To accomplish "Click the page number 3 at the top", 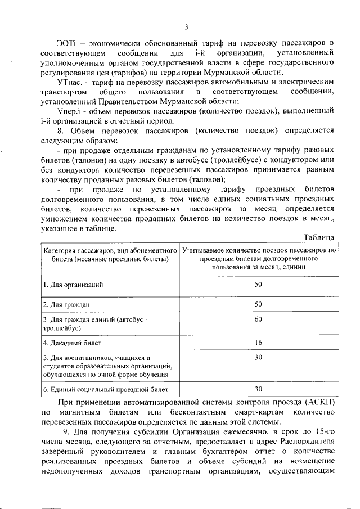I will point(186,26).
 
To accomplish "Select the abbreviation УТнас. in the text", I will point(70,82).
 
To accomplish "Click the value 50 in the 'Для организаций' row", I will point(259,285).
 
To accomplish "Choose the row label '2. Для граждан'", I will point(67,304).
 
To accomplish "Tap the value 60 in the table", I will point(259,319).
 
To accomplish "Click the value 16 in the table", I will point(259,342).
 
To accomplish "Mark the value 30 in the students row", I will point(259,357).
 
